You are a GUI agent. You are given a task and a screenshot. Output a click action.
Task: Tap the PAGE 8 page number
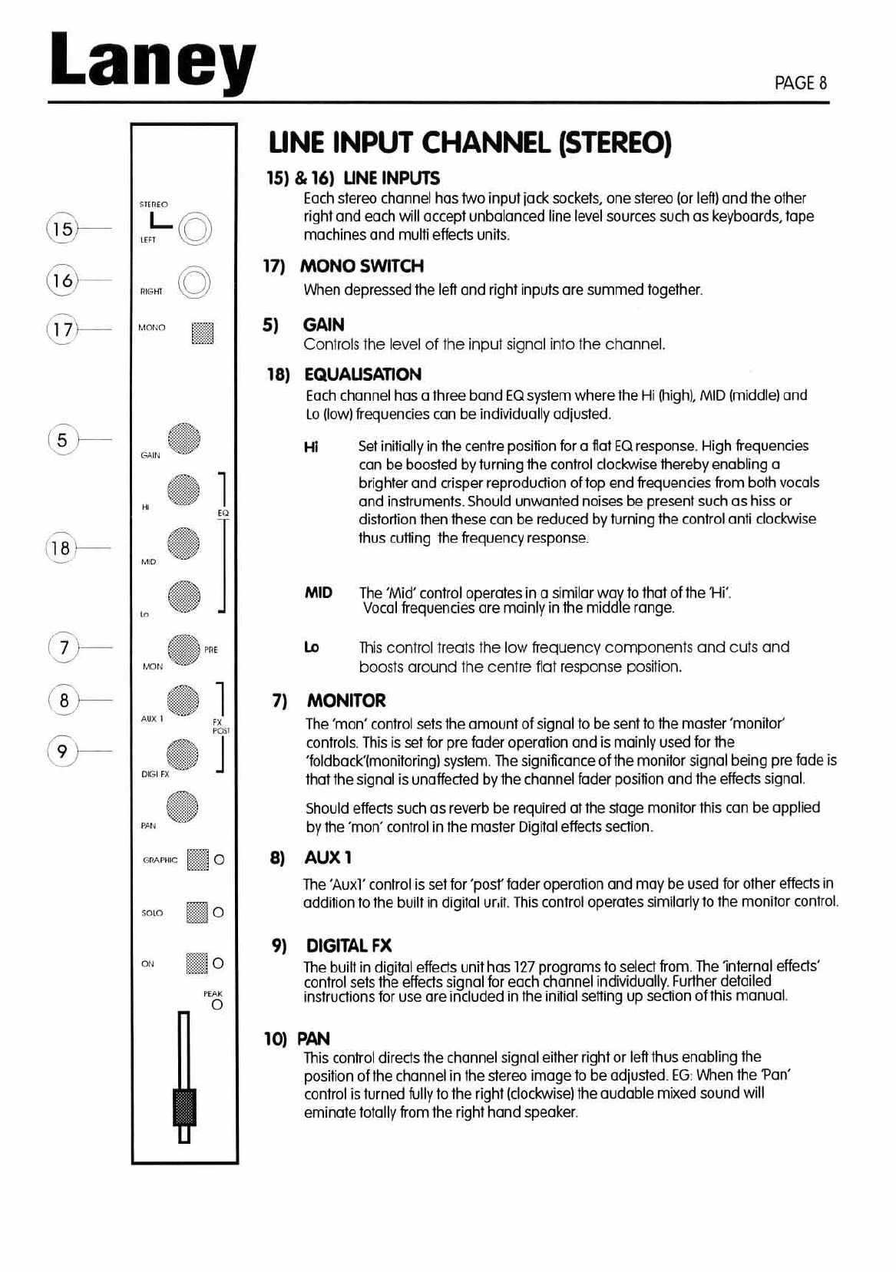point(801,83)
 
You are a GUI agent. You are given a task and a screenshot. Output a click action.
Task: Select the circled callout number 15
point(62,229)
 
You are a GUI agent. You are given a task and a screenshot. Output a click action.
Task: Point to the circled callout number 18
point(60,548)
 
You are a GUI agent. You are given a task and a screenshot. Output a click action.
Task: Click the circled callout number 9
point(62,750)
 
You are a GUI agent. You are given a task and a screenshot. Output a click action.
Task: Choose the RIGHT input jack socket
point(194,282)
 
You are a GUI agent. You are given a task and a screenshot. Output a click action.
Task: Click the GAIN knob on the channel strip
point(184,439)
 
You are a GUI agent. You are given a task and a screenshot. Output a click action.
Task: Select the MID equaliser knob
point(183,543)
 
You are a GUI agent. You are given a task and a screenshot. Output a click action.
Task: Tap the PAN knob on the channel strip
point(183,807)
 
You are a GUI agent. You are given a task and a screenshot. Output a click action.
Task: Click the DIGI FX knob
point(183,755)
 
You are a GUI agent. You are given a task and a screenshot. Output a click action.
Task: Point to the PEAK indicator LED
point(217,1004)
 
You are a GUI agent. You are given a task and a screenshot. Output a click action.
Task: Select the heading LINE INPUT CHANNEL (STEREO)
point(470,143)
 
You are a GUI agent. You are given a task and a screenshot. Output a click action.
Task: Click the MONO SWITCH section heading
point(362,266)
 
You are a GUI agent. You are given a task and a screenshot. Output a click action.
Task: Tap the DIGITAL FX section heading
point(349,945)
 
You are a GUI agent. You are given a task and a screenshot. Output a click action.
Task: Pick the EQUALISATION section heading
point(362,375)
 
